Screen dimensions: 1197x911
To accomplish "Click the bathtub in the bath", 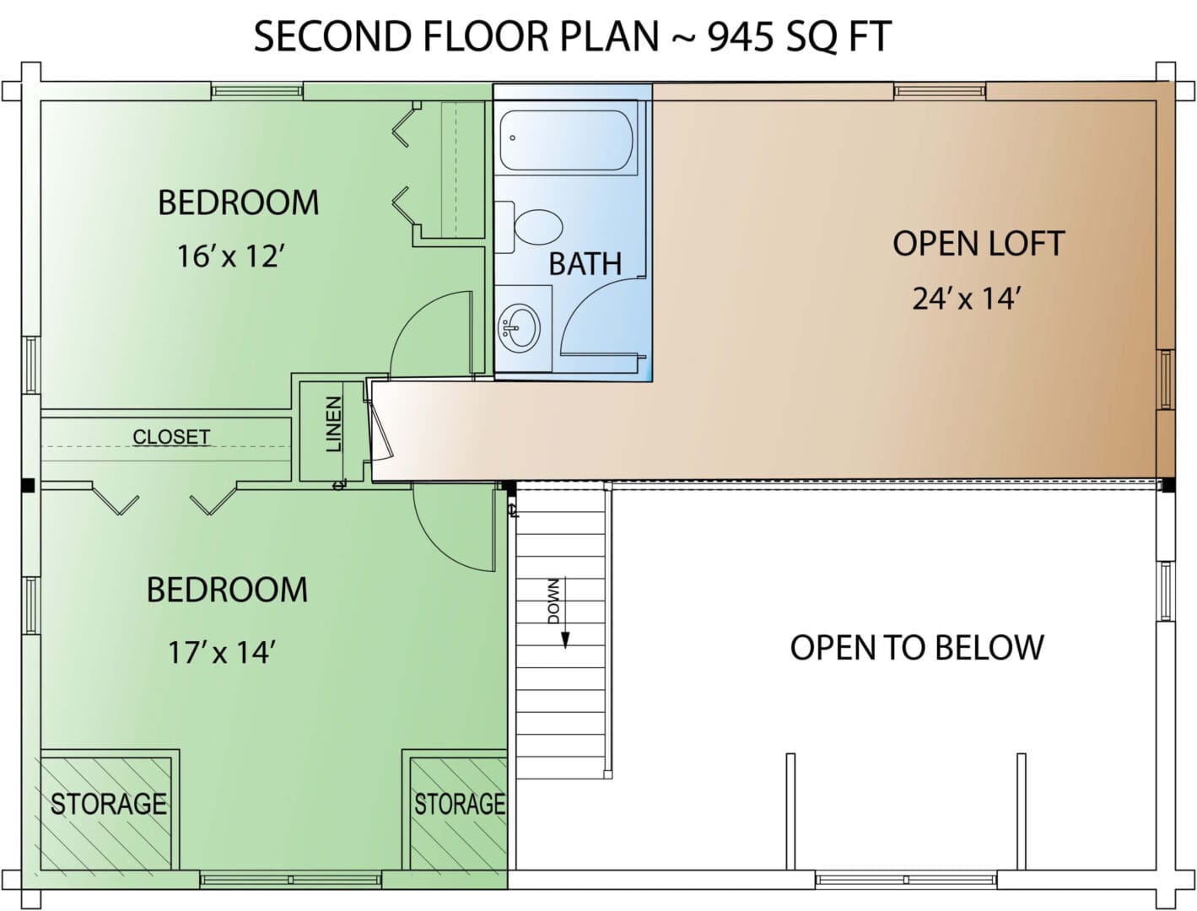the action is (x=566, y=139).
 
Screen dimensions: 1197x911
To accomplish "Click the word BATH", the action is (x=585, y=264).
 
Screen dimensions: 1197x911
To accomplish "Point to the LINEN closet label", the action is (x=333, y=423).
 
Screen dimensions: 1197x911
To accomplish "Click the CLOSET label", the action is (x=171, y=437).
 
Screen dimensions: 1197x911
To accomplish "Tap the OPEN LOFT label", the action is (x=979, y=243).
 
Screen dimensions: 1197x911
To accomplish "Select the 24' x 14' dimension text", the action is (x=967, y=299).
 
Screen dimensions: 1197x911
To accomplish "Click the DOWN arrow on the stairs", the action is (x=565, y=612).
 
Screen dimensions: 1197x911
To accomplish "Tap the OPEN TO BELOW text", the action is (x=917, y=647).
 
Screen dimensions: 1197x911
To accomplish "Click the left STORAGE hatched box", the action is (x=106, y=812).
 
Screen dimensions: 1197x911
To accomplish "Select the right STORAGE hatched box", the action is (x=459, y=812).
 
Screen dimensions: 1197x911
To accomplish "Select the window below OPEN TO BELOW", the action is (x=906, y=880).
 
